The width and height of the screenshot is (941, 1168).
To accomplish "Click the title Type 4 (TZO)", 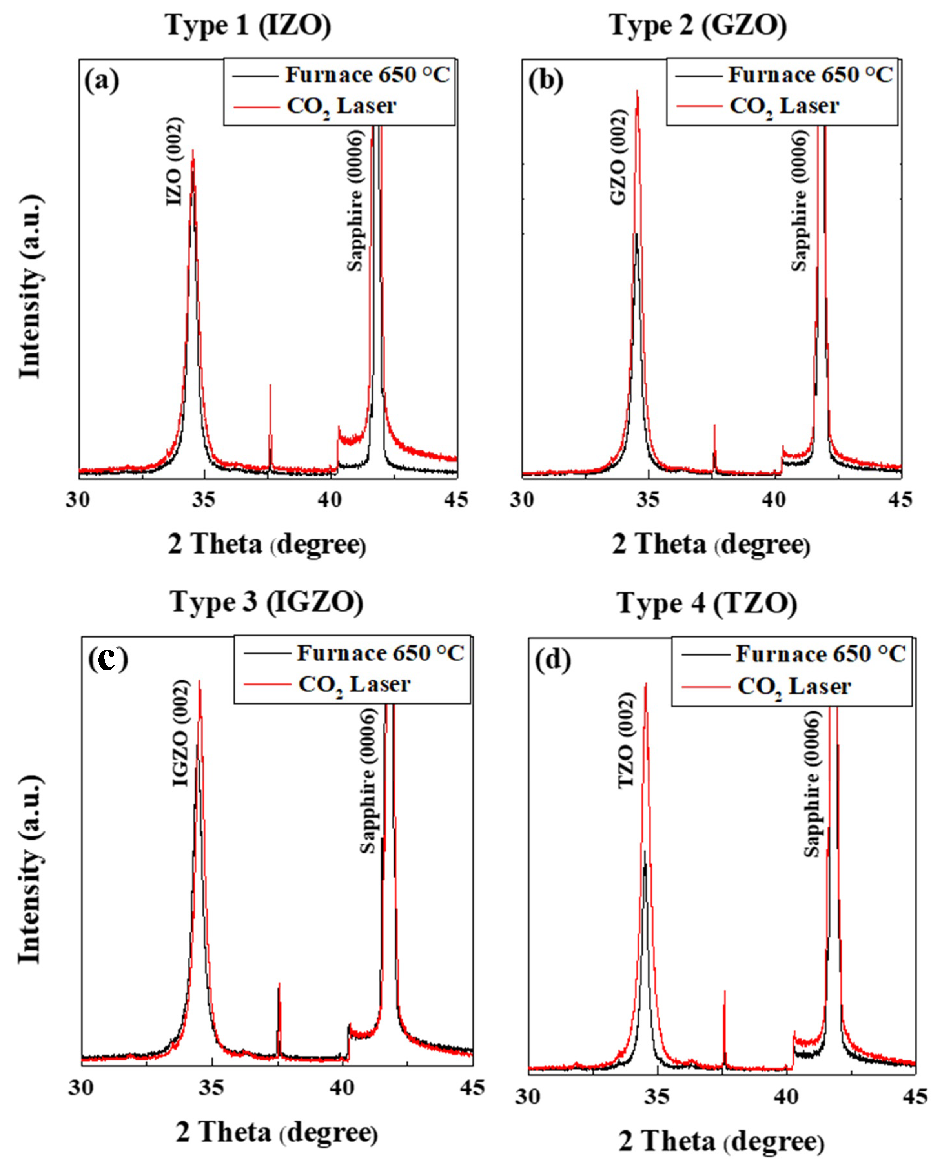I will coord(707,603).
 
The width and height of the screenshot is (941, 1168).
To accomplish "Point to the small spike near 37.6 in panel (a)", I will coord(270,386).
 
